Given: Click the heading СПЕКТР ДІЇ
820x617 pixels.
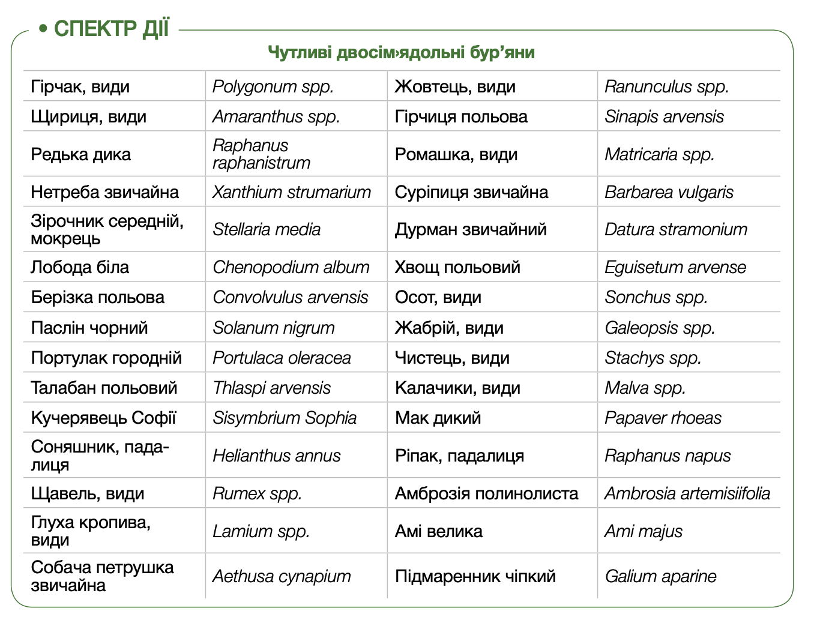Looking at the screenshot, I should pyautogui.click(x=111, y=28).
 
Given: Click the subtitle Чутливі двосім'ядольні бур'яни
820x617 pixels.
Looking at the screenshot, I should pyautogui.click(x=401, y=53).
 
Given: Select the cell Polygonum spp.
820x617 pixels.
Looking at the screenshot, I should pyautogui.click(x=273, y=86).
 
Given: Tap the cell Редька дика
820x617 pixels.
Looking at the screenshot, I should pyautogui.click(x=81, y=154).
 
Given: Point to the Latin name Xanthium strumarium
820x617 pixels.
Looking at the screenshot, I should pyautogui.click(x=292, y=192).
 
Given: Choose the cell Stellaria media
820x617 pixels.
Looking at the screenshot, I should pyautogui.click(x=267, y=229).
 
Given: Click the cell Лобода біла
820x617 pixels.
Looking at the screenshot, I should pyautogui.click(x=80, y=267).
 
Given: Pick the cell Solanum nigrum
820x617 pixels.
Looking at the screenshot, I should pyautogui.click(x=274, y=328).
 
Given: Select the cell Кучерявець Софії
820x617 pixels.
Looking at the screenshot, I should pyautogui.click(x=103, y=418).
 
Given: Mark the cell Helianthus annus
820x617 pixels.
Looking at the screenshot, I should pyautogui.click(x=277, y=456).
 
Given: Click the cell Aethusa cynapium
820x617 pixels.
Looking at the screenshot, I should pyautogui.click(x=282, y=576).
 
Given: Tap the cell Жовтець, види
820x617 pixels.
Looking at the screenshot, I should pyautogui.click(x=455, y=86).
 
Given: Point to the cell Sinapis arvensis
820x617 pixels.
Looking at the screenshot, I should pyautogui.click(x=664, y=116).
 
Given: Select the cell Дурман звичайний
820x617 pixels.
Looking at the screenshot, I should pyautogui.click(x=471, y=229).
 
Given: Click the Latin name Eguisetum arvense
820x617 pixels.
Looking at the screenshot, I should pyautogui.click(x=675, y=267).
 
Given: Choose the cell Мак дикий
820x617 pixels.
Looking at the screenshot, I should pyautogui.click(x=438, y=418).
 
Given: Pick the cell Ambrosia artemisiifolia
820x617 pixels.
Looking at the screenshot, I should pyautogui.click(x=687, y=493).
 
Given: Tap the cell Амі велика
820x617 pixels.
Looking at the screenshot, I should pyautogui.click(x=439, y=531).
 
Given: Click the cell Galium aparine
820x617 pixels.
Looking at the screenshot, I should pyautogui.click(x=660, y=576).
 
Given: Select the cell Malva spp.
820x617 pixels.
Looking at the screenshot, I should pyautogui.click(x=645, y=388).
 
